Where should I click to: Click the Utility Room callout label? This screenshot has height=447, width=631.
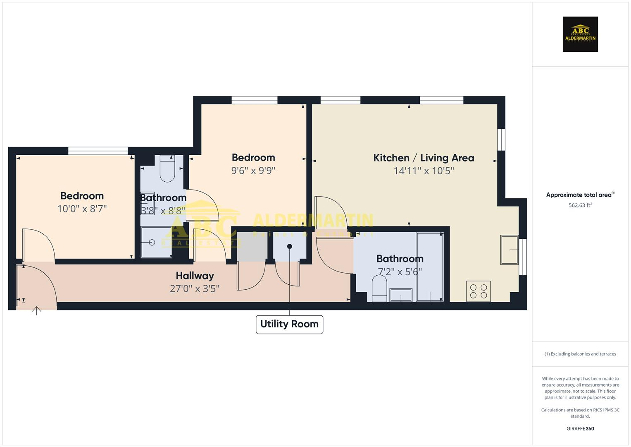point(289,324)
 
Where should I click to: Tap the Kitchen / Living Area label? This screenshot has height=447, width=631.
point(424,158)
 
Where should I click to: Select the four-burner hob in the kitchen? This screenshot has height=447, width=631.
point(479,291)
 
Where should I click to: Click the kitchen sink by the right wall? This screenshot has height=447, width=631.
point(509,250)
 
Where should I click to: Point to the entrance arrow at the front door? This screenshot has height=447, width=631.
point(37,310)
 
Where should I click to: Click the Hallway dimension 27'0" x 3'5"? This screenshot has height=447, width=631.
point(194,288)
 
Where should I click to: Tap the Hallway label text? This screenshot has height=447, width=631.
point(195,276)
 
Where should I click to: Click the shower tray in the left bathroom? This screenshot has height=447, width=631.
point(156,243)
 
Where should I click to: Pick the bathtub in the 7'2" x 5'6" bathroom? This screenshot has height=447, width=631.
point(430,267)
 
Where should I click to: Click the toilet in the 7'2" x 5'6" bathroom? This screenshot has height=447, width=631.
point(379,288)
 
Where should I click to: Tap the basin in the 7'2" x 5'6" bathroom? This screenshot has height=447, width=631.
point(400,295)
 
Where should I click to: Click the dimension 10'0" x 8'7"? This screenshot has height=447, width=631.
point(82,209)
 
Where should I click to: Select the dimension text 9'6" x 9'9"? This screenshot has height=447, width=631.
point(253,171)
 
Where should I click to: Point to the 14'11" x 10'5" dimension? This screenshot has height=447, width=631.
point(424,171)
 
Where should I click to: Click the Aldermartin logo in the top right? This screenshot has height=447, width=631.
point(580,34)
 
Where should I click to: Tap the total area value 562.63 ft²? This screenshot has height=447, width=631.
point(580,205)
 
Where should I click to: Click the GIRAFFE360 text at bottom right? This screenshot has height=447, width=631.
point(580,428)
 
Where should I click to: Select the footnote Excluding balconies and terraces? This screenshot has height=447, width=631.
point(580,354)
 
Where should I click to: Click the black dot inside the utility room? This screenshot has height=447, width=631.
point(290,246)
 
